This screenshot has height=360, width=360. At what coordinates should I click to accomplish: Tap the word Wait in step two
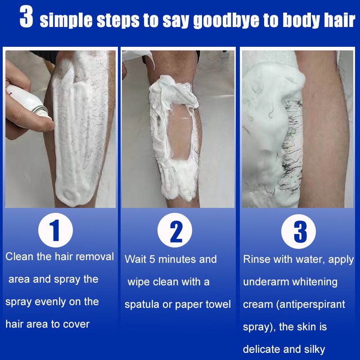[x=135, y=259]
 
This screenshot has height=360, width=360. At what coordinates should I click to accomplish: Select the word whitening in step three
[x=315, y=282]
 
